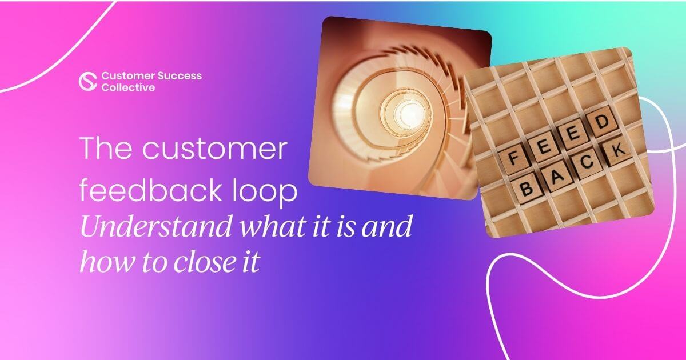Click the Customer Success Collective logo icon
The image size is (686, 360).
pos(88,81)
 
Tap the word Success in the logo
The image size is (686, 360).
pos(180,76)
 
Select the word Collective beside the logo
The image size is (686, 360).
pos(128,88)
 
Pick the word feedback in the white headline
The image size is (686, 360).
pos(150,190)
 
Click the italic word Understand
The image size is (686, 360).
pos(156,226)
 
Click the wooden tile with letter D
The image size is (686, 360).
pos(602,122)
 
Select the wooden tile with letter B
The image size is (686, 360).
pos(527,188)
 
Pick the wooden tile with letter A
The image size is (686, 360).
pos(557,177)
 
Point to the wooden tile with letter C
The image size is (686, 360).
pos(587,162)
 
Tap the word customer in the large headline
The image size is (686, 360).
pos(214,149)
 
